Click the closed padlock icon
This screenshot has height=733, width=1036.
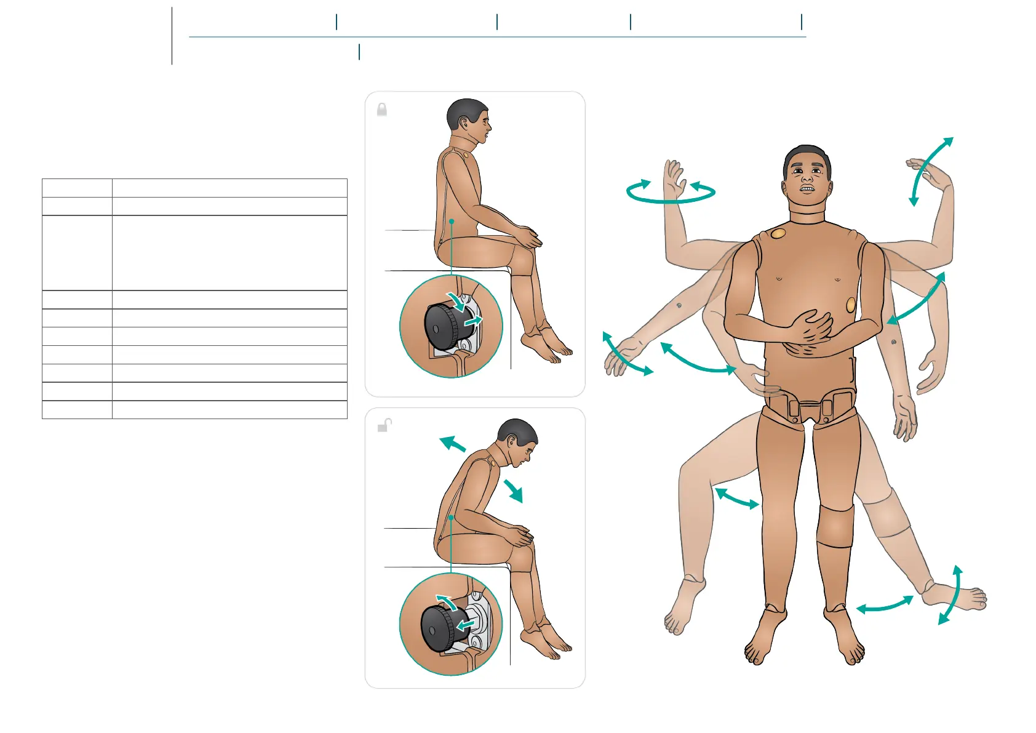[x=382, y=110]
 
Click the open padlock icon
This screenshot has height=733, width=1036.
[x=384, y=425]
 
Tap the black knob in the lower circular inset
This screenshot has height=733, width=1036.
[x=439, y=628]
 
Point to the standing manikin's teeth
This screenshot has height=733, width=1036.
[x=807, y=189]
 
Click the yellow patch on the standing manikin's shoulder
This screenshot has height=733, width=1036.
[x=778, y=234]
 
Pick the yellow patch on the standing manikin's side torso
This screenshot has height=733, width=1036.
[x=851, y=305]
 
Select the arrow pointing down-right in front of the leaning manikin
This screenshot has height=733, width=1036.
[x=513, y=491]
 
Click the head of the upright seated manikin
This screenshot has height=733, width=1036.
[x=469, y=120]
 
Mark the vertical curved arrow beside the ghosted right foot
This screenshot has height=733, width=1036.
[x=950, y=595]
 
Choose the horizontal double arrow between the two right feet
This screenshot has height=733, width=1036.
[x=885, y=605]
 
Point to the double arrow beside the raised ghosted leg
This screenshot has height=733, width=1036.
[x=736, y=499]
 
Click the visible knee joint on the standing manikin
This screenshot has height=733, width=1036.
[x=835, y=526]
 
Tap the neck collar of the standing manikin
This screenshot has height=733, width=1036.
[x=807, y=217]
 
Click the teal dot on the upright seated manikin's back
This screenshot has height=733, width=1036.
[x=451, y=221]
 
